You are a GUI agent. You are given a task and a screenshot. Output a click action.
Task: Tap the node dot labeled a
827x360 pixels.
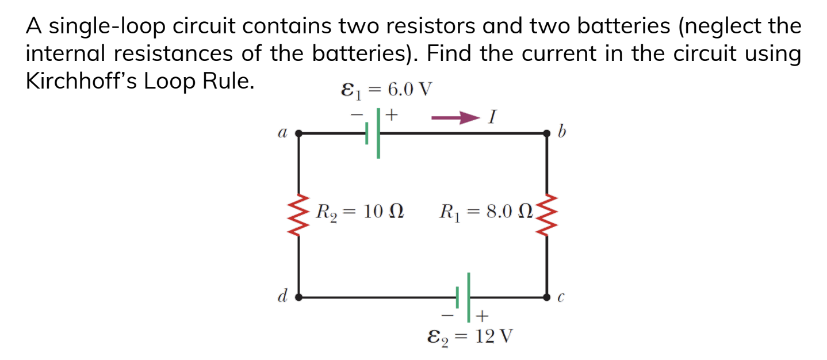[x=298, y=133]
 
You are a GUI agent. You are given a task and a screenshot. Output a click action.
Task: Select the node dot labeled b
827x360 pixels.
[x=546, y=133]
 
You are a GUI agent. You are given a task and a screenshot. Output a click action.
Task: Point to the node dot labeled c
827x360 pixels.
[x=546, y=297]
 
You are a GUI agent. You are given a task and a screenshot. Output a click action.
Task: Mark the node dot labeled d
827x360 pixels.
[x=298, y=297]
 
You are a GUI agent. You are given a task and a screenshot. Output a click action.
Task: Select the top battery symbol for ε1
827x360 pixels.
[x=373, y=133]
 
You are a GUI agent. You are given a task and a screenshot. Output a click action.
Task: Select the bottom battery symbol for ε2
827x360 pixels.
[x=464, y=297]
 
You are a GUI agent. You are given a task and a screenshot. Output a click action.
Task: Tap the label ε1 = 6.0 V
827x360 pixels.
[x=386, y=89]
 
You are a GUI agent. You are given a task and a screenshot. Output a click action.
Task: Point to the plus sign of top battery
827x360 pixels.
[x=392, y=114]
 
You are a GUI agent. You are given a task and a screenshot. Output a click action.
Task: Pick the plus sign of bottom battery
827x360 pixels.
[x=482, y=316]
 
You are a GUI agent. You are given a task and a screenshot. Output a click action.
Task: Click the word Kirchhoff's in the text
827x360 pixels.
[x=81, y=81]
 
